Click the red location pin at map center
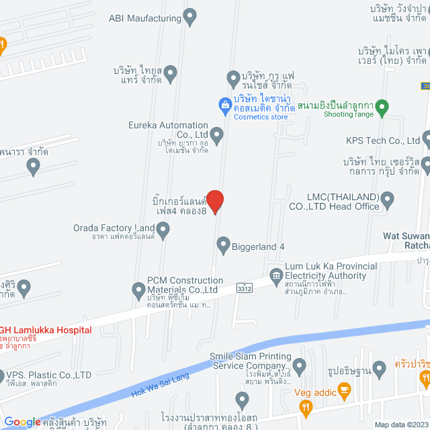(214, 201)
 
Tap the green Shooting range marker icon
(382, 106)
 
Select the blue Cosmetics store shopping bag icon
(226, 104)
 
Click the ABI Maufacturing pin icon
(190, 14)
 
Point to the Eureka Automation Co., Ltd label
(168, 130)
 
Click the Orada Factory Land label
(115, 227)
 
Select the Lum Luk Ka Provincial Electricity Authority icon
(275, 275)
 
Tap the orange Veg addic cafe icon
(345, 389)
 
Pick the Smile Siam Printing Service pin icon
(300, 365)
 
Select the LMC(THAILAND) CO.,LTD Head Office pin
(388, 200)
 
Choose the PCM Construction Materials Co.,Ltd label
(185, 285)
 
